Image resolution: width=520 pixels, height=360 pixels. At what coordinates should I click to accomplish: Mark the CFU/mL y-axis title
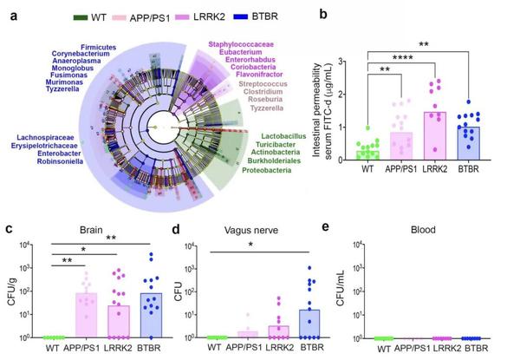[x=360, y=282]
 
